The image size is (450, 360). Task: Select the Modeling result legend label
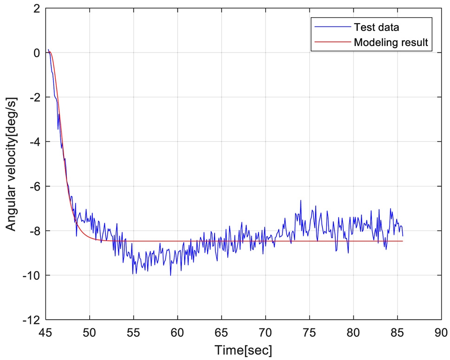coord(391,43)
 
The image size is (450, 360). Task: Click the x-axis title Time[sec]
coord(243,349)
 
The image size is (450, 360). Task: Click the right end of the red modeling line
coord(402,241)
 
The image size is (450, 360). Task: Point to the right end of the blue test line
coord(403,236)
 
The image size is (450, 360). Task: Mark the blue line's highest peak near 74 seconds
coord(300,200)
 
